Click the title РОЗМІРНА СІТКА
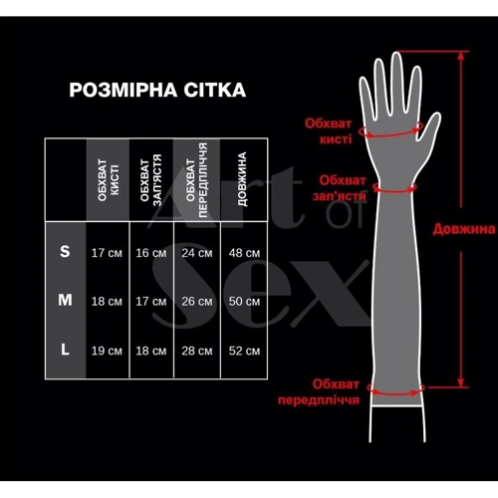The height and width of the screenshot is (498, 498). pyautogui.click(x=157, y=90)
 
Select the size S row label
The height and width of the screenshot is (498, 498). pyautogui.click(x=65, y=251)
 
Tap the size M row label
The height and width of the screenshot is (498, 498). pyautogui.click(x=65, y=300)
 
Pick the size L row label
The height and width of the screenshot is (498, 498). pyautogui.click(x=65, y=350)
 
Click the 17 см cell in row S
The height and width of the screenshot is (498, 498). pyautogui.click(x=107, y=253)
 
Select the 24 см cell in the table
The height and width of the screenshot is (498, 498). pyautogui.click(x=197, y=253)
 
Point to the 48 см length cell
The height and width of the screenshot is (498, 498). pyautogui.click(x=244, y=253)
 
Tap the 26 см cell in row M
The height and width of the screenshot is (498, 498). pyautogui.click(x=197, y=302)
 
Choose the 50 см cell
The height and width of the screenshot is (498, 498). pyautogui.click(x=244, y=302)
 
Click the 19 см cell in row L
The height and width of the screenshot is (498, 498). pyautogui.click(x=107, y=351)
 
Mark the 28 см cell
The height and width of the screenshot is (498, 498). pyautogui.click(x=197, y=351)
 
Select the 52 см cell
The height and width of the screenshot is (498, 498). pyautogui.click(x=244, y=351)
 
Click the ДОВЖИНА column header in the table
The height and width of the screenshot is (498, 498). pyautogui.click(x=242, y=179)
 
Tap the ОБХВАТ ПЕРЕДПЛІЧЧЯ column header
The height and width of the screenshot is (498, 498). pyautogui.click(x=196, y=180)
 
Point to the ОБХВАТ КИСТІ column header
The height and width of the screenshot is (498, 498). pyautogui.click(x=109, y=180)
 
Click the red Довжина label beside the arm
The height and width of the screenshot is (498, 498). pyautogui.click(x=464, y=229)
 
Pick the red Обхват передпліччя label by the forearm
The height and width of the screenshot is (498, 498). pyautogui.click(x=319, y=391)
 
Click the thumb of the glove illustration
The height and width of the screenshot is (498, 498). pyautogui.click(x=430, y=127)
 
